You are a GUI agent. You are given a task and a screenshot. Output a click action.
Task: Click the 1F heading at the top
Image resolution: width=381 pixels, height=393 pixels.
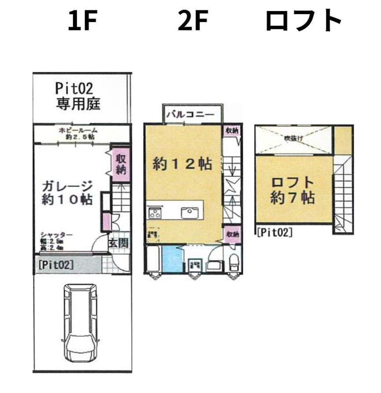[82, 21]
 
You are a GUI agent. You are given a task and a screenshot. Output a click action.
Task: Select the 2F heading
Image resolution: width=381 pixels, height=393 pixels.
[192, 21]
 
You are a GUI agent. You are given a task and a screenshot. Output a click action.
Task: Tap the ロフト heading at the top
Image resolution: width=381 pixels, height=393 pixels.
[303, 21]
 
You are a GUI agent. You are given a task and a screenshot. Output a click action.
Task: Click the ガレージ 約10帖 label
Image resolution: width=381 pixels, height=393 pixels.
[67, 192]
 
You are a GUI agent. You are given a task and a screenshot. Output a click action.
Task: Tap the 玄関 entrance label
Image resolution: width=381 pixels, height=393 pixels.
[118, 242]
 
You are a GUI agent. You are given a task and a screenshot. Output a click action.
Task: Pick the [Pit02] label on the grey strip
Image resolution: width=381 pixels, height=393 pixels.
[56, 265]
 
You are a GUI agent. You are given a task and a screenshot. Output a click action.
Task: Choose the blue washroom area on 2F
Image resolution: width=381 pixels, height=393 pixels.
[172, 260]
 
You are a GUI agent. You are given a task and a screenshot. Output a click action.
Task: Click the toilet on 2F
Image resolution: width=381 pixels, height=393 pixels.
[233, 262]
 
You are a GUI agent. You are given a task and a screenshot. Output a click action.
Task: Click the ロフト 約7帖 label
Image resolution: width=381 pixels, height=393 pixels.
[292, 190]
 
